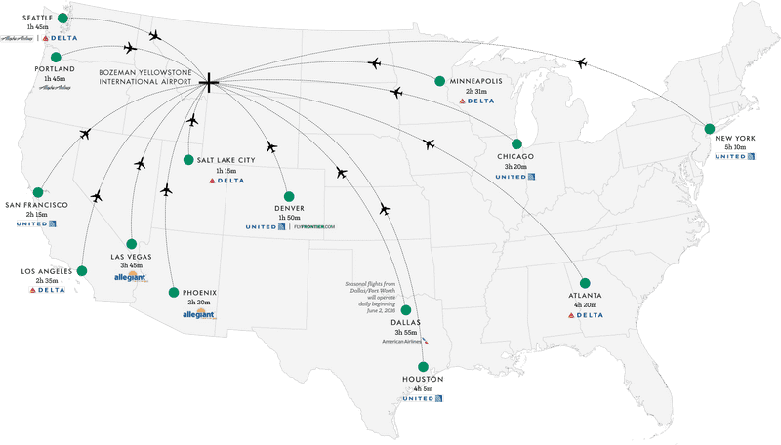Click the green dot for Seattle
(63, 18)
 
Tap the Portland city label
(54, 70)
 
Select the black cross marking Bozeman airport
(208, 82)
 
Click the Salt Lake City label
(226, 159)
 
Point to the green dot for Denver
(289, 194)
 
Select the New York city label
(734, 139)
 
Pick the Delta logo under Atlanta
(586, 315)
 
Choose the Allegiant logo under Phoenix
(198, 314)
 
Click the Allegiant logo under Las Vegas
(131, 277)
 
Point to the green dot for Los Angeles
(82, 271)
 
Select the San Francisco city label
(36, 204)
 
